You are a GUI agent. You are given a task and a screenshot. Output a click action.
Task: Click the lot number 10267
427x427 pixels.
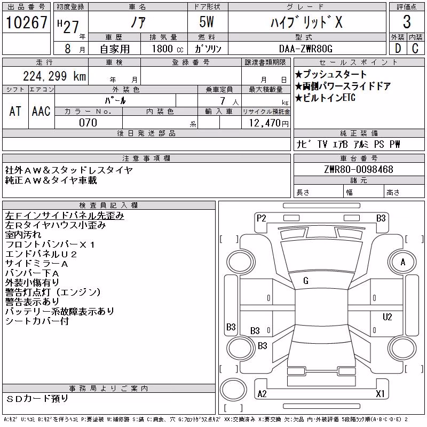click(26, 22)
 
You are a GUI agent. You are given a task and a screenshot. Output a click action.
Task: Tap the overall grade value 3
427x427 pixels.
click(407, 22)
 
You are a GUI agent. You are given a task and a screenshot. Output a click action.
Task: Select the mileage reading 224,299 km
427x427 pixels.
click(54, 76)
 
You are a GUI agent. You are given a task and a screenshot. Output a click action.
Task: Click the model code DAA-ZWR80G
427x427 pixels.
click(306, 49)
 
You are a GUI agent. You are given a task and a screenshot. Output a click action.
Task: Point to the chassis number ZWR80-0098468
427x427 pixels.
click(359, 169)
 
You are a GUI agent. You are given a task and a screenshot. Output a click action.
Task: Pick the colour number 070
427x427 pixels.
click(88, 123)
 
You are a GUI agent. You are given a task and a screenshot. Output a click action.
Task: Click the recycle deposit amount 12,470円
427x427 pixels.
click(268, 123)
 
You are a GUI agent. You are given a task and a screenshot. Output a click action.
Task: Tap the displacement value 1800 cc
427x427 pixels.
click(168, 49)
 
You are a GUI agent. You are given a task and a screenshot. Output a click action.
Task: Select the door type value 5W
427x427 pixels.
click(207, 22)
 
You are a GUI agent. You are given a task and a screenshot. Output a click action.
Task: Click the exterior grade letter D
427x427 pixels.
click(398, 49)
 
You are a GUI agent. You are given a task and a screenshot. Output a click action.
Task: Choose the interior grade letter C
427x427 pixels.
click(415, 49)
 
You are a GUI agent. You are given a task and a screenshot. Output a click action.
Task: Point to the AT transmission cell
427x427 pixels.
click(15, 112)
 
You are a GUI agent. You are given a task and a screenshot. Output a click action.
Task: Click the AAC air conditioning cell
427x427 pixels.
click(41, 112)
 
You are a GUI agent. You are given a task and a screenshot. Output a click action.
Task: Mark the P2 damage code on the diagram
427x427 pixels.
click(261, 218)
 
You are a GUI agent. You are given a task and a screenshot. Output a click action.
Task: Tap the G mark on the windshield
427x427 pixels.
click(306, 281)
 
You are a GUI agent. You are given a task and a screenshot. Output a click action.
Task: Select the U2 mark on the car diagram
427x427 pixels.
click(388, 317)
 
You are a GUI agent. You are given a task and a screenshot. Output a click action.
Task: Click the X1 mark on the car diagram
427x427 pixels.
click(380, 393)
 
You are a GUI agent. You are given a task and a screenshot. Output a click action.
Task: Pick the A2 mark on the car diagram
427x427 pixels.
click(262, 394)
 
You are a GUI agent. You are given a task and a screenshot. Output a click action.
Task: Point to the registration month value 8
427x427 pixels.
click(68, 49)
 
